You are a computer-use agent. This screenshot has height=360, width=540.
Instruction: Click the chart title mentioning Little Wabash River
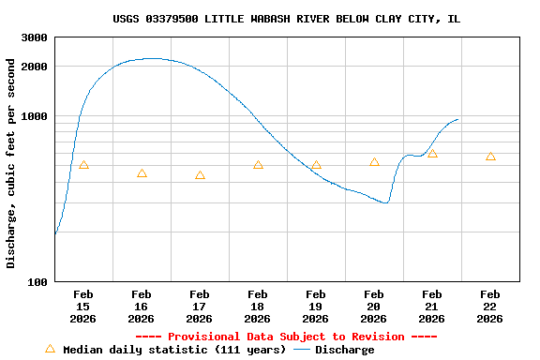[287, 19]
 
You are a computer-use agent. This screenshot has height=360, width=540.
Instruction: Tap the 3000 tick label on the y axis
[34, 37]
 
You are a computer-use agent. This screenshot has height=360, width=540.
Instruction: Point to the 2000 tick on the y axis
[34, 67]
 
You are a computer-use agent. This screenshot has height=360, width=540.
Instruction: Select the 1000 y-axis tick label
[34, 116]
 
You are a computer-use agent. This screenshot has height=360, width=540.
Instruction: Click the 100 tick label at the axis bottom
[37, 282]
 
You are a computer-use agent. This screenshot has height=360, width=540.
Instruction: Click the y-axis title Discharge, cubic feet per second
[11, 163]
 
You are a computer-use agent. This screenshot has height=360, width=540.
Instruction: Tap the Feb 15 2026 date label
[83, 307]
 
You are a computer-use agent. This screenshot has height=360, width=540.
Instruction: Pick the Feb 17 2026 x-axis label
[200, 307]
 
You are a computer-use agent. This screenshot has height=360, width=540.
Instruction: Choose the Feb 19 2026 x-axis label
[316, 307]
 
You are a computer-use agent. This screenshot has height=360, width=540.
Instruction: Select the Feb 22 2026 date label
[490, 307]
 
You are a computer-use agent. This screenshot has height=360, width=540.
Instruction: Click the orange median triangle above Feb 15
[83, 165]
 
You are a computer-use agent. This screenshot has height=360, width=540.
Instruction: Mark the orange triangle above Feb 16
[142, 173]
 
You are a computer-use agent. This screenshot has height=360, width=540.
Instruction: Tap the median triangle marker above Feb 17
[200, 175]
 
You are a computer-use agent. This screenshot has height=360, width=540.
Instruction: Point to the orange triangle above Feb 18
[258, 165]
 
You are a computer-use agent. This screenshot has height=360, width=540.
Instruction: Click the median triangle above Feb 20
[374, 162]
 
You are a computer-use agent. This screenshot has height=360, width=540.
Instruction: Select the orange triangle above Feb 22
[490, 157]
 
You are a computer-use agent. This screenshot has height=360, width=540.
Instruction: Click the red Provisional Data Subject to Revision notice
[286, 337]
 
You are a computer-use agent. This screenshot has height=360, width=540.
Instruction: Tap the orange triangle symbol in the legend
[51, 349]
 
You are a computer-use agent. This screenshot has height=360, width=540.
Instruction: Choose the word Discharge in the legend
[344, 350]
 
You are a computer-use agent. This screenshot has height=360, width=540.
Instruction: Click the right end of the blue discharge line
[457, 119]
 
